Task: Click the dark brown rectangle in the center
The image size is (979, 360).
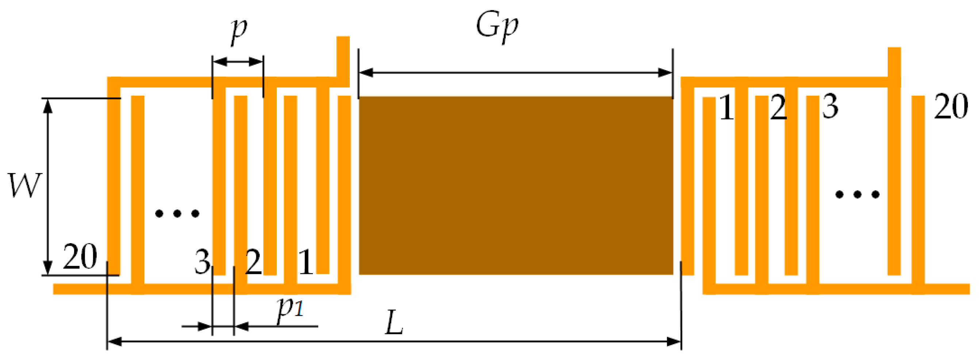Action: pos(516,185)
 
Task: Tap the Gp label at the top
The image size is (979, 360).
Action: pos(497,27)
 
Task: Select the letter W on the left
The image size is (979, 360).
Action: pos(24,186)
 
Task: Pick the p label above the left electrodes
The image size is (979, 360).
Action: pos(239,30)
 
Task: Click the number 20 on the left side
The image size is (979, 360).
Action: pos(80,257)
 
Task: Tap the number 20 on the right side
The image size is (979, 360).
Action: pos(951,107)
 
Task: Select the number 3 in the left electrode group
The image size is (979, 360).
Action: pos(202,262)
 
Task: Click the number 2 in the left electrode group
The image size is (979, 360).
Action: pos(253,262)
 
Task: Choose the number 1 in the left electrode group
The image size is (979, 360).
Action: pos(306,262)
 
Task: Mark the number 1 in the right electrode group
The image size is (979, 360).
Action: pos(727,108)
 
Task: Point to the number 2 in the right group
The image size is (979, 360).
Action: pos(778,108)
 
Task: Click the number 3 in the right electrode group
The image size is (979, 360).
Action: pos(830,107)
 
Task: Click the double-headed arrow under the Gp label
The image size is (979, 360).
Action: pos(515,73)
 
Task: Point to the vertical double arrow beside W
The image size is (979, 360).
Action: pos(47,186)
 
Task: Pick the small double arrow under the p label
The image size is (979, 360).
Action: pos(237,61)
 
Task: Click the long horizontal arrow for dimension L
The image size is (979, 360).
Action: pos(394,342)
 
